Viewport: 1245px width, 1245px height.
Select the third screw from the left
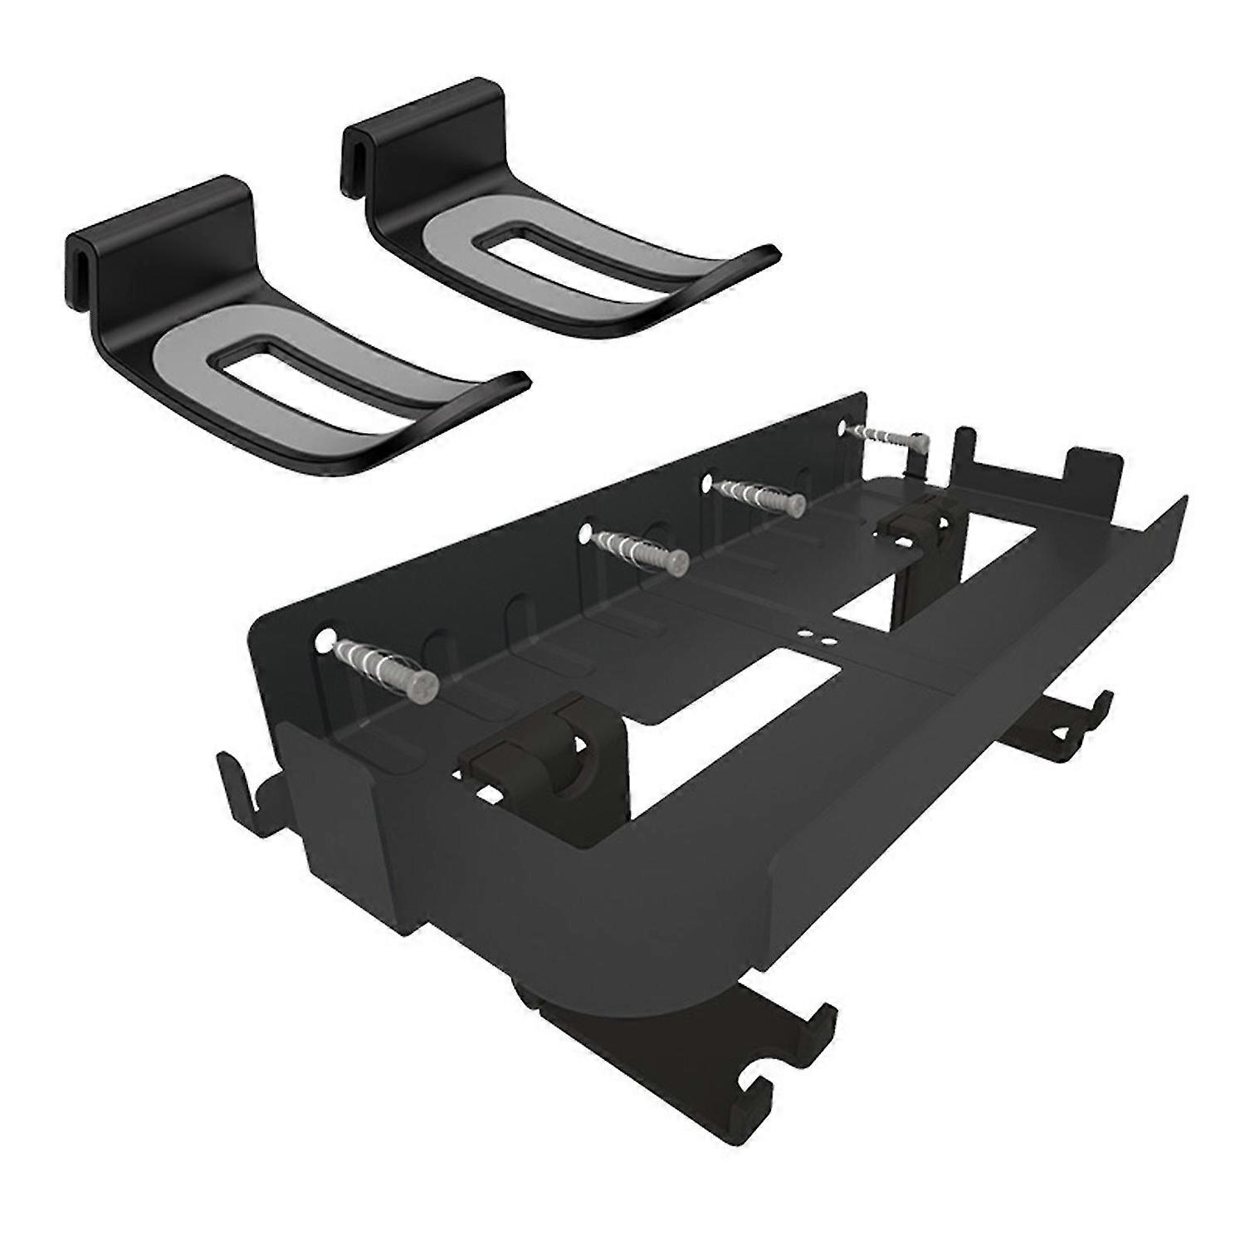tap(795, 502)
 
